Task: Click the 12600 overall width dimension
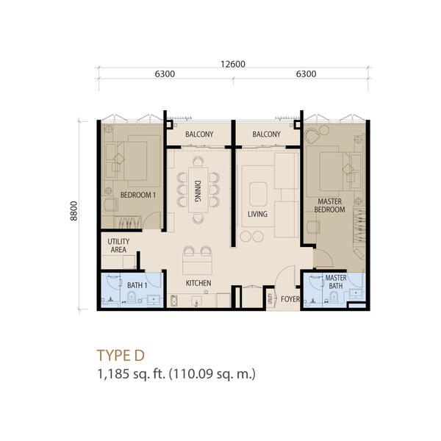pyautogui.click(x=233, y=64)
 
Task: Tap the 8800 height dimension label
pyautogui.click(x=73, y=211)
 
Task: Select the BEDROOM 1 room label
pyautogui.click(x=138, y=195)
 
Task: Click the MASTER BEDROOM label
pyautogui.click(x=329, y=205)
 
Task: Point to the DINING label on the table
pyautogui.click(x=198, y=191)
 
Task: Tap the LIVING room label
pyautogui.click(x=257, y=214)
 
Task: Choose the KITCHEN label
pyautogui.click(x=198, y=283)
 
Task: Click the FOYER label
pyautogui.click(x=290, y=299)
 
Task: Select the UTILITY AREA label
pyautogui.click(x=118, y=245)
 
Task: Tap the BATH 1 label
pyautogui.click(x=137, y=285)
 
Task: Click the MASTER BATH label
pyautogui.click(x=336, y=282)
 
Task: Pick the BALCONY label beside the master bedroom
pyautogui.click(x=266, y=135)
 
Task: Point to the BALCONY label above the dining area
pyautogui.click(x=199, y=135)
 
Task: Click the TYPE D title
pyautogui.click(x=121, y=355)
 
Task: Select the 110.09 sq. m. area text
pyautogui.click(x=212, y=374)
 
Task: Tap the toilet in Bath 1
pyautogui.click(x=132, y=296)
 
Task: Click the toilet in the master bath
pyautogui.click(x=334, y=296)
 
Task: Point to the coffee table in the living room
pyautogui.click(x=258, y=194)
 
